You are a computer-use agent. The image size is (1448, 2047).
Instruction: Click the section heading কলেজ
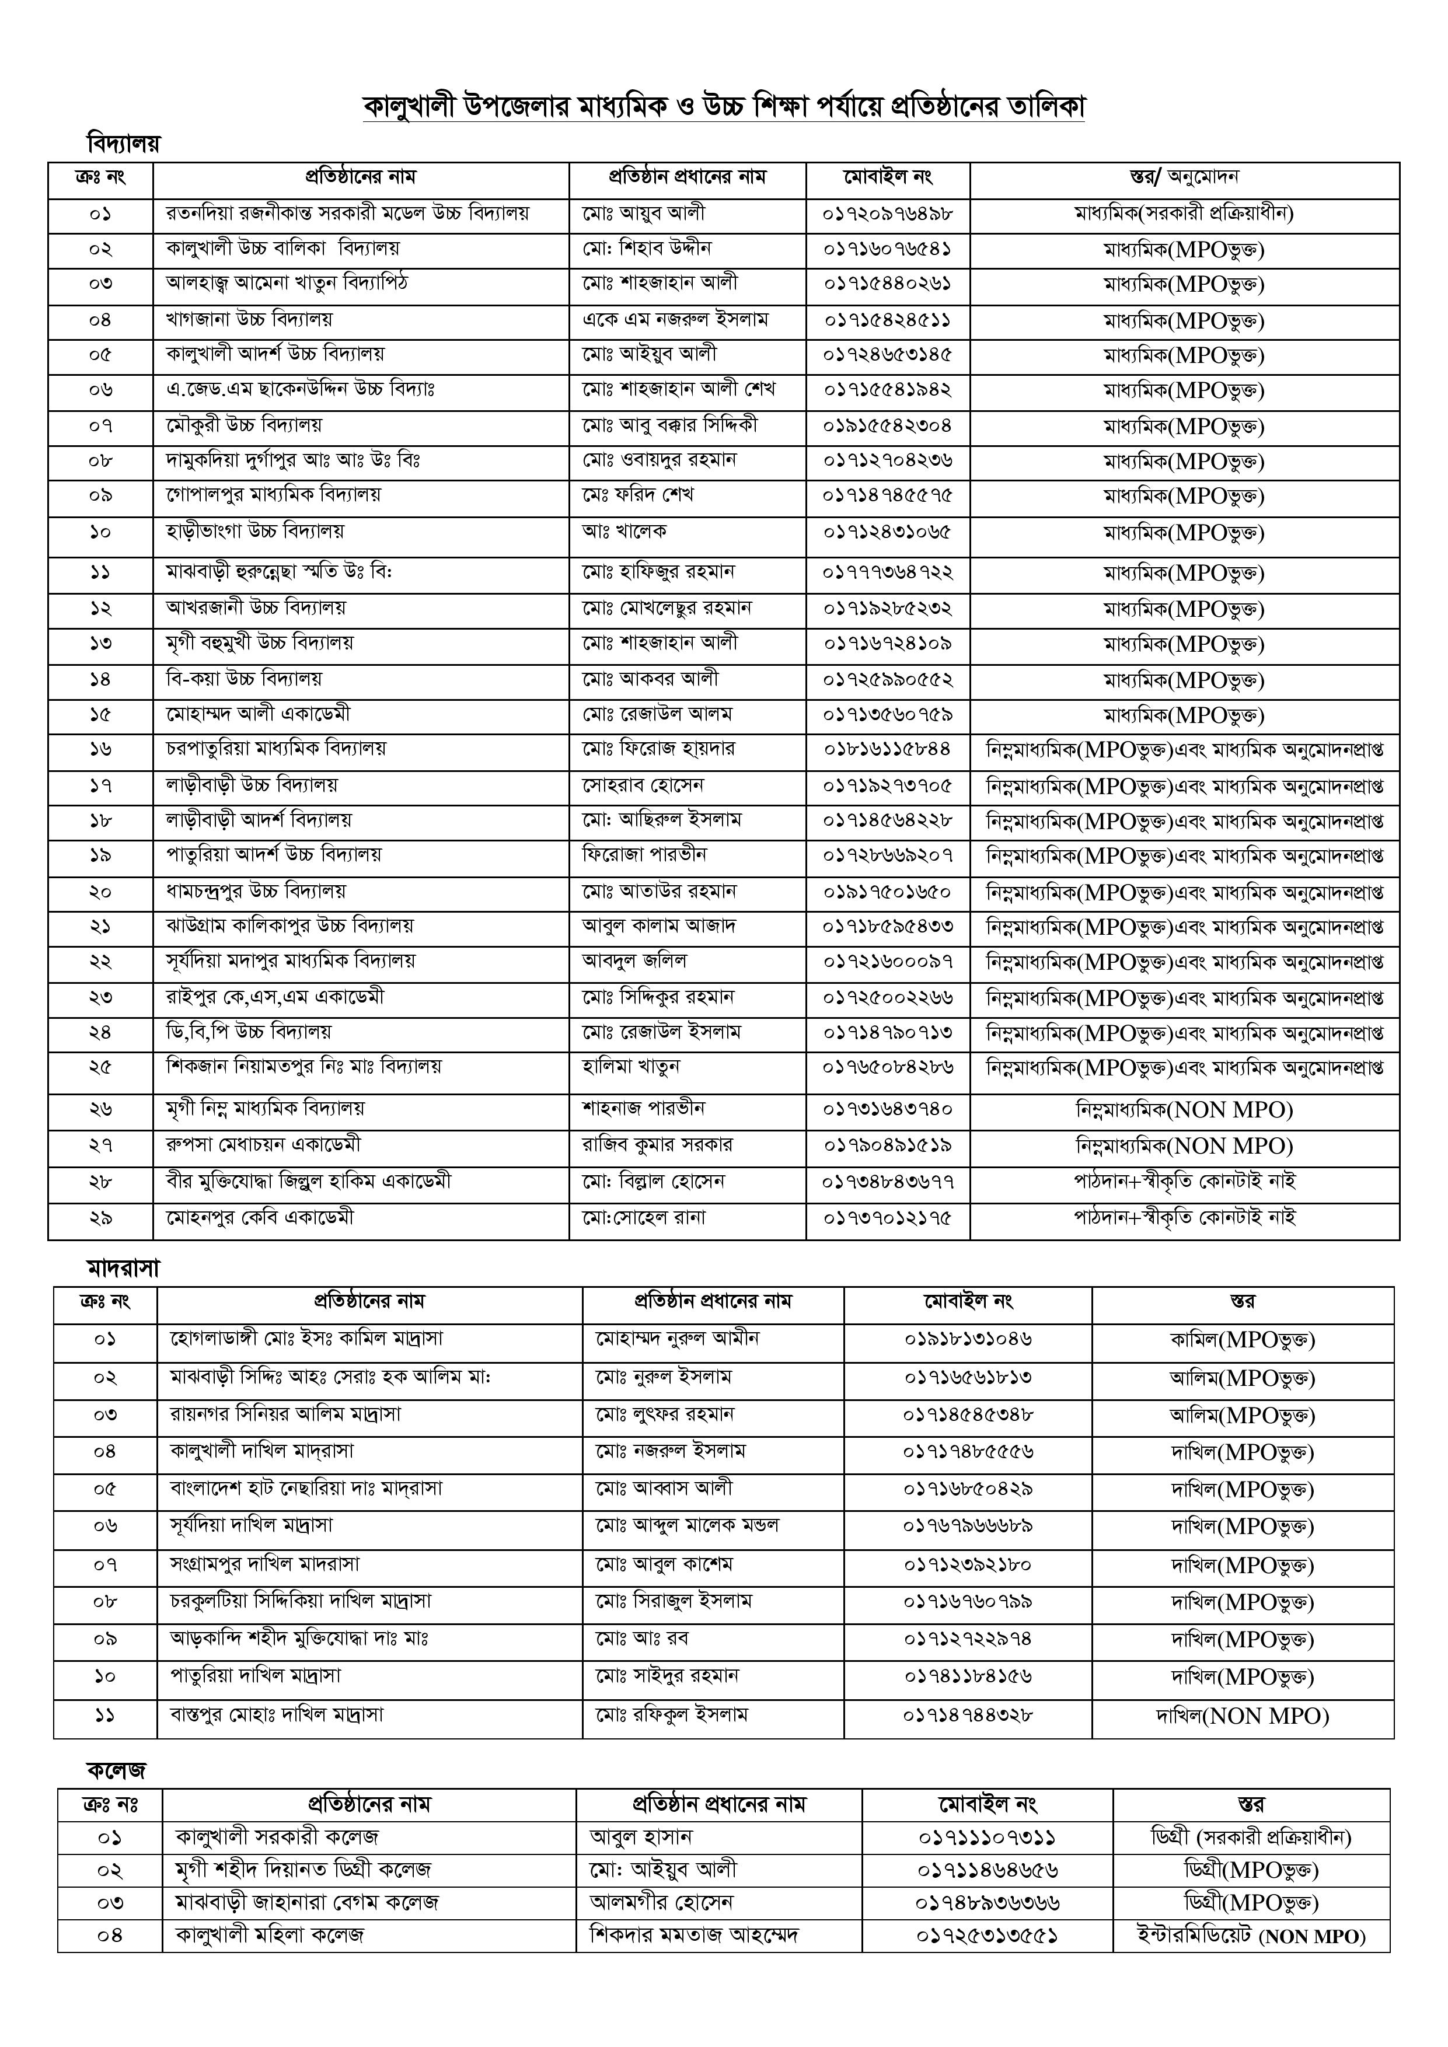click(x=116, y=1770)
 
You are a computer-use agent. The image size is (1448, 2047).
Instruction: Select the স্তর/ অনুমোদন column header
click(x=1184, y=177)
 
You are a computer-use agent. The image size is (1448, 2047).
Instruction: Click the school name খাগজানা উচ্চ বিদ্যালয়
click(x=250, y=319)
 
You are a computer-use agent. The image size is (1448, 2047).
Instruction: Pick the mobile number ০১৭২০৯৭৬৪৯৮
click(x=887, y=214)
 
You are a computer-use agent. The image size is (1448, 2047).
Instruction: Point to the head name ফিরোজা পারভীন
click(x=645, y=855)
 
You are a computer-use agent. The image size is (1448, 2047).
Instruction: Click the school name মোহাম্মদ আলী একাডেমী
click(x=259, y=714)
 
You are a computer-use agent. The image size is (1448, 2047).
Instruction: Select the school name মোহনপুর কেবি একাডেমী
click(x=260, y=1217)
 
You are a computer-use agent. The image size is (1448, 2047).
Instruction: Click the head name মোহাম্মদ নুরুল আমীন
click(x=678, y=1338)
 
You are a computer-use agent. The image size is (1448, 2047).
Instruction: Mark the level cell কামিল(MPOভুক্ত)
click(x=1242, y=1339)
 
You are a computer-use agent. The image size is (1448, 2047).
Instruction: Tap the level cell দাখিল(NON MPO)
click(x=1242, y=1716)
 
